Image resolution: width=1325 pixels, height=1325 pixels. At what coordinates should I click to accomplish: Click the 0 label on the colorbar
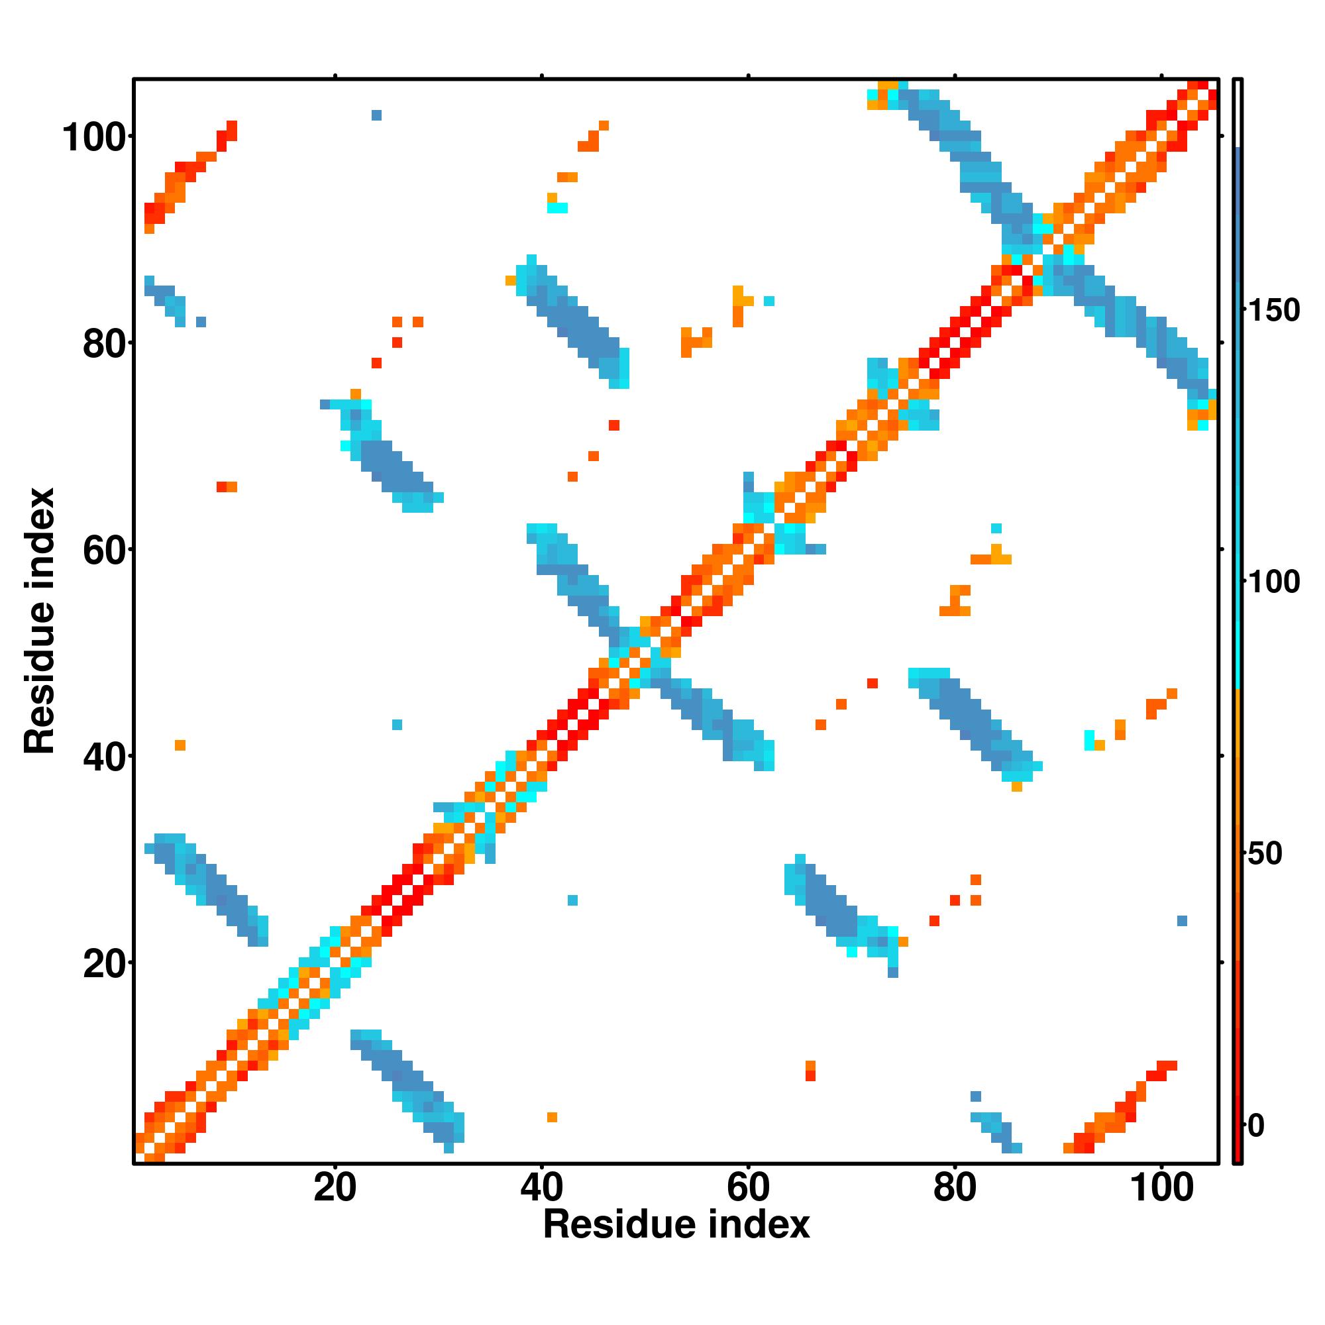1255,1126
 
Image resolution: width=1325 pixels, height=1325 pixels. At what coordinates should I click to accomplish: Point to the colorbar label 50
1264,854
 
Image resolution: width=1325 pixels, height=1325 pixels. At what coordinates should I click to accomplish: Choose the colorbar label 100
1273,582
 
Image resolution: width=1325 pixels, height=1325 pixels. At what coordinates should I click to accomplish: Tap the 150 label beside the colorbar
1273,311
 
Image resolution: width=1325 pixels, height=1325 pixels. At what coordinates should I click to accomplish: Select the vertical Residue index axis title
40,621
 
